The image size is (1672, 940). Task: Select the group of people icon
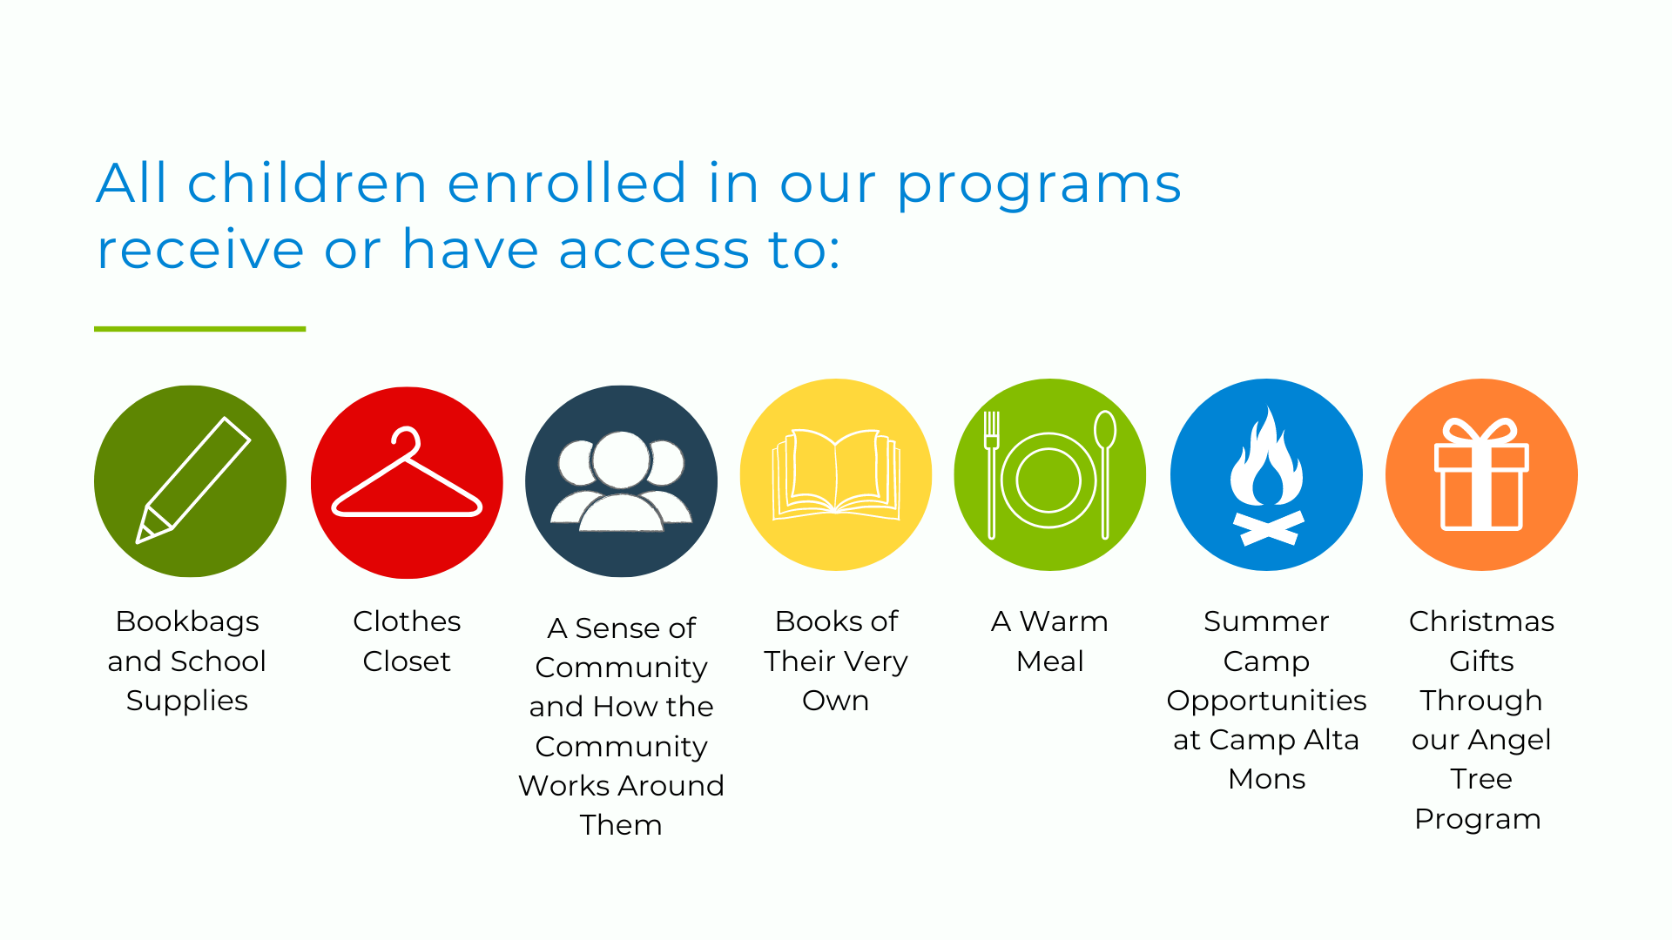621,481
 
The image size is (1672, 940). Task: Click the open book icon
836,473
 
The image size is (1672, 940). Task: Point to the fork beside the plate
991,474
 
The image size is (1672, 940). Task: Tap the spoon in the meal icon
1105,474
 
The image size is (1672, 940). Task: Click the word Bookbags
187,622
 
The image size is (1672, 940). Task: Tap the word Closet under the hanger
407,661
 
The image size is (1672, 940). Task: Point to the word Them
621,825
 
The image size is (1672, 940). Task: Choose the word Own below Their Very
835,701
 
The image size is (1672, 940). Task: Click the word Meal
1050,661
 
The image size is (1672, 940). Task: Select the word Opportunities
1266,702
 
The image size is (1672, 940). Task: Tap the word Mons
1266,779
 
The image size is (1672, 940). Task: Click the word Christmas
1481,621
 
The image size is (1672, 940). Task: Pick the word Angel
1511,741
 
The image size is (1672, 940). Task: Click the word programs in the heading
1039,185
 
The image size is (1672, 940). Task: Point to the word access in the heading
653,250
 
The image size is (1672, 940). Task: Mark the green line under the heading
199,329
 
